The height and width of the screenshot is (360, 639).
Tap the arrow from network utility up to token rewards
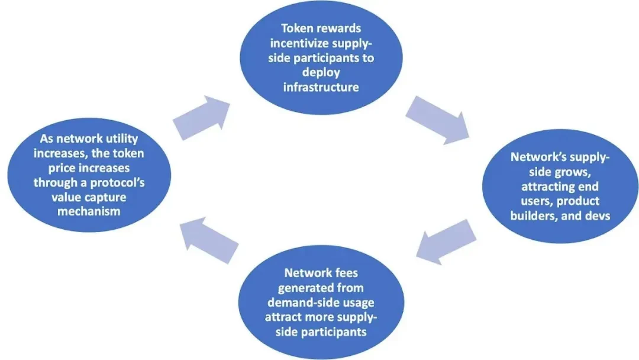click(x=201, y=117)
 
